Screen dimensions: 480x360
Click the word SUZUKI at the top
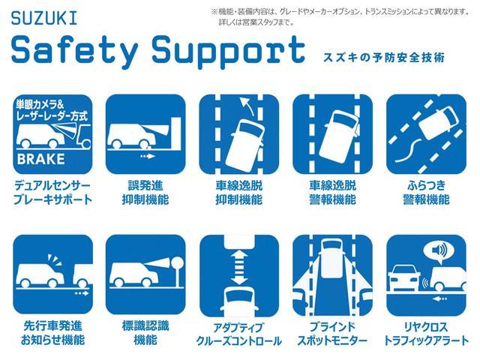point(44,18)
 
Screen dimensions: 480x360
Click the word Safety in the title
point(74,50)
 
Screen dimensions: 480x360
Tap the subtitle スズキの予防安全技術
point(384,58)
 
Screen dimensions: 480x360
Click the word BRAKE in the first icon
point(41,159)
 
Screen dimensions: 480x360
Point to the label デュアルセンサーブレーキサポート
point(52,193)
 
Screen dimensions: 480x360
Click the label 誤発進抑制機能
point(145,193)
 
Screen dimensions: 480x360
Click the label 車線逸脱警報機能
point(333,193)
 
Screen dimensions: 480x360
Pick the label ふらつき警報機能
point(427,193)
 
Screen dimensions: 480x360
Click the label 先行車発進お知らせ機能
point(52,333)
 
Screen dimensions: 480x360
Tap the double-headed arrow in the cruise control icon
point(239,267)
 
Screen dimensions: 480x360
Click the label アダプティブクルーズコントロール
point(238,334)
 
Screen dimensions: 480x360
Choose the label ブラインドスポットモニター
point(332,334)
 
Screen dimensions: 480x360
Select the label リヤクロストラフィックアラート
point(426,334)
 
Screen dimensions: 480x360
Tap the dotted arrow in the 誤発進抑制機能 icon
point(147,157)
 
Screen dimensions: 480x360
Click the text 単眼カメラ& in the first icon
point(40,104)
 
